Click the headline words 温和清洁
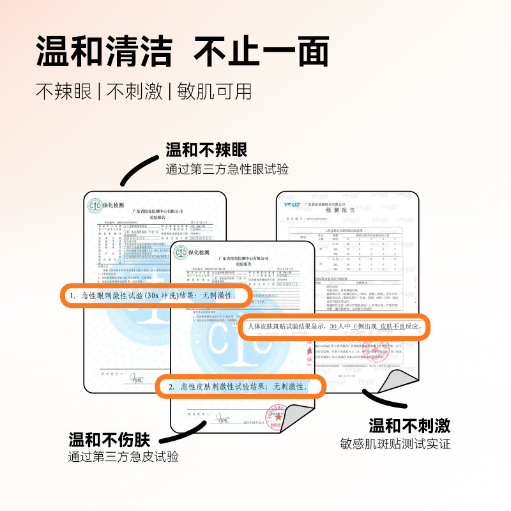(x=104, y=51)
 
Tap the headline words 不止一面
(x=261, y=51)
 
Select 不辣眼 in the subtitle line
(x=63, y=91)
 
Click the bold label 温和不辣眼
(x=206, y=151)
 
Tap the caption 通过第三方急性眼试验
(x=227, y=169)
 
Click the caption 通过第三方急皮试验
(x=123, y=457)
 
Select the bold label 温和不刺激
(x=409, y=425)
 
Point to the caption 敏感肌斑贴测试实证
(x=395, y=443)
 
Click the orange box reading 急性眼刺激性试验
(x=154, y=296)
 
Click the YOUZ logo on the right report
(x=294, y=204)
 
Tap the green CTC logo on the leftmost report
(x=95, y=205)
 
